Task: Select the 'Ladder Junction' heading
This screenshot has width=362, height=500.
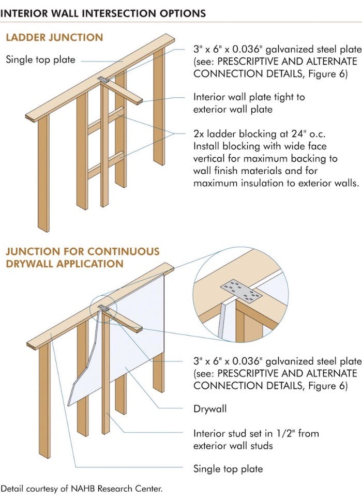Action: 54,38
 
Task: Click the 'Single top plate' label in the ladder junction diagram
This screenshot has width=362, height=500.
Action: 40,59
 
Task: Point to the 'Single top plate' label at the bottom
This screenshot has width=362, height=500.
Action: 228,469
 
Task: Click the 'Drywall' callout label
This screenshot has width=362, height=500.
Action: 210,408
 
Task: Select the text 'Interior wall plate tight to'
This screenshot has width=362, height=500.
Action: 249,97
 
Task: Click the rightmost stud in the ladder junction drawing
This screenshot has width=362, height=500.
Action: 159,109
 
